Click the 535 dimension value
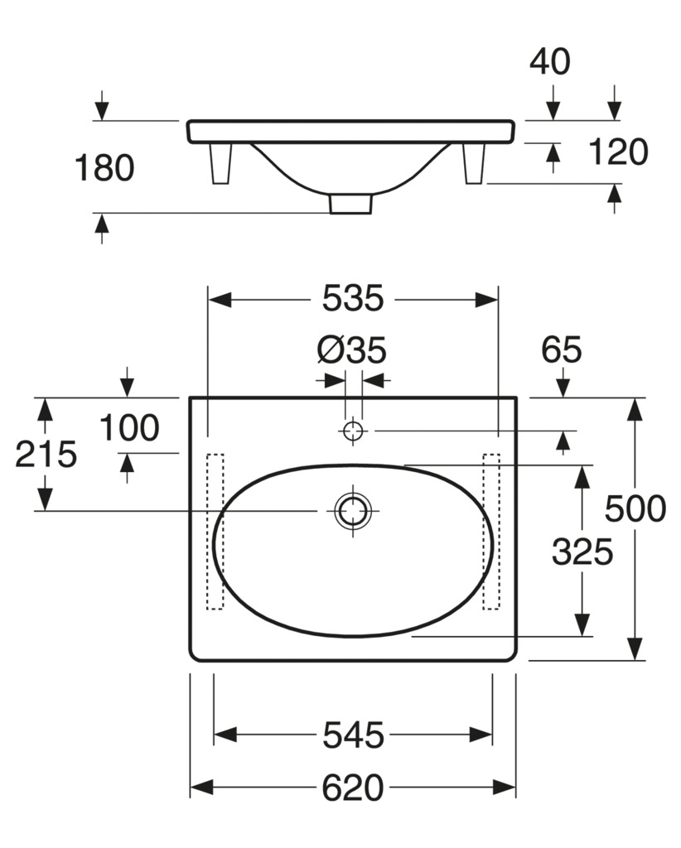(353, 298)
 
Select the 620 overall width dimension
(353, 788)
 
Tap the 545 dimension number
(353, 735)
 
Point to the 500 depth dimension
(635, 509)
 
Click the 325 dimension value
(582, 552)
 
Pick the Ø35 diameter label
(351, 350)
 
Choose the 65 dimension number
(562, 349)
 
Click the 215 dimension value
(46, 454)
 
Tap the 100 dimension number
(129, 428)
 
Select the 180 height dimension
(104, 167)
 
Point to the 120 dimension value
(618, 152)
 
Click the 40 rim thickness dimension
(549, 61)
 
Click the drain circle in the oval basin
(353, 510)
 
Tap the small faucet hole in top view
(353, 431)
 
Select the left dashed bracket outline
(215, 532)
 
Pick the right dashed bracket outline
(491, 532)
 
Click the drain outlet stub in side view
(351, 204)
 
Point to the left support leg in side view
(220, 163)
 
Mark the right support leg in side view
(474, 163)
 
